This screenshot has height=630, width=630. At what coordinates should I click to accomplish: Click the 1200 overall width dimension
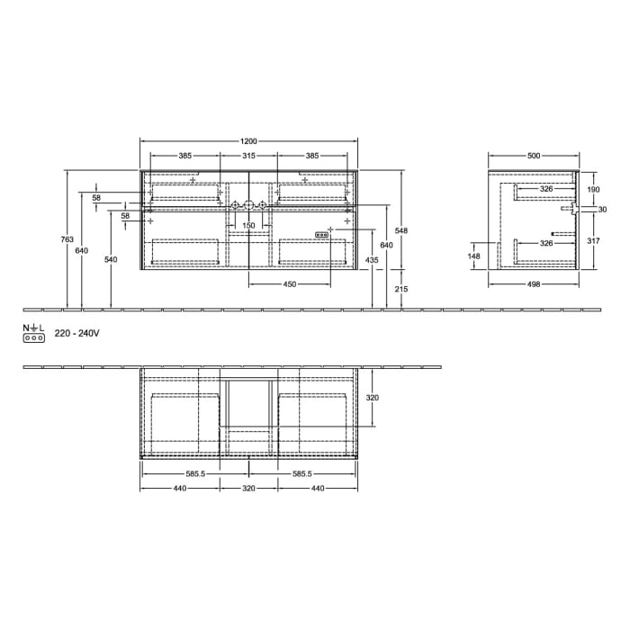point(249,140)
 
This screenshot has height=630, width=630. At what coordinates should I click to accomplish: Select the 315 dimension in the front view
point(249,156)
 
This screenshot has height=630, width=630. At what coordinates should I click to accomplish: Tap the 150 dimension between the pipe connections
point(249,225)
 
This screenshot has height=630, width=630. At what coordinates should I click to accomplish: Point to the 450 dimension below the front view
point(290,284)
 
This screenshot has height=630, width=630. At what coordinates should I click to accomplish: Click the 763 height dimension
point(67,239)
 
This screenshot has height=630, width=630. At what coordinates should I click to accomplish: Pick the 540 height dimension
point(111,259)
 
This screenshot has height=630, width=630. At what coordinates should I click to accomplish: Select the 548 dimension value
point(402,231)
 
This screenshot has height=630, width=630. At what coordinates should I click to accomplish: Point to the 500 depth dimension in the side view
point(534,156)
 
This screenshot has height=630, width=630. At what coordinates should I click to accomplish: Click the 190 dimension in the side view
point(592,190)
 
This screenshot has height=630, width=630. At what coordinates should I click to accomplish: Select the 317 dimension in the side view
point(592,240)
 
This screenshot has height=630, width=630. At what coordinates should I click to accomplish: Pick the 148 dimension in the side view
point(474,256)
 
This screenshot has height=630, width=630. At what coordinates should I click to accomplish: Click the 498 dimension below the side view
point(534,284)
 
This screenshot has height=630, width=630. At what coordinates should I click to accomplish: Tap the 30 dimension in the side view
point(602,210)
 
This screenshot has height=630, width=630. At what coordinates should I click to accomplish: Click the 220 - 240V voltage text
point(76,333)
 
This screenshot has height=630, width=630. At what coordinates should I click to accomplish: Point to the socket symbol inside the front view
point(321,235)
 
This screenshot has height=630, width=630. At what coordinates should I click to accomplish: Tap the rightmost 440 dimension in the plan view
point(318,488)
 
